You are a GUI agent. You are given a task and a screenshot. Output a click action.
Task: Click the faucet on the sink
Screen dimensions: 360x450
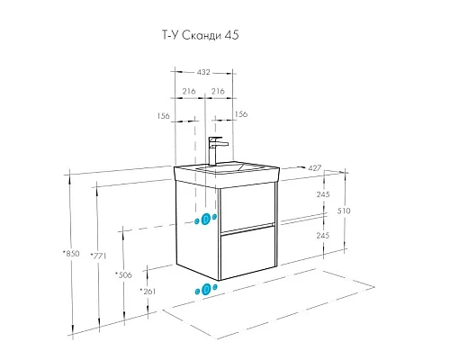click(216, 149)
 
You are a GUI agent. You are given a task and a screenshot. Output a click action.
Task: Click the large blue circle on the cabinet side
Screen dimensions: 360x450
click(206, 219)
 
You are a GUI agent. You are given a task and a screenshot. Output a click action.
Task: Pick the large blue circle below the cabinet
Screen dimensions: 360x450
click(206, 289)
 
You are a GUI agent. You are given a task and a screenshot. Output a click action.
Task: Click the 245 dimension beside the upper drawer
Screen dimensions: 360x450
click(322, 194)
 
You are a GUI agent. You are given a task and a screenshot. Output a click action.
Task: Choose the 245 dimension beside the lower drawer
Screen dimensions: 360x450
click(322, 234)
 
